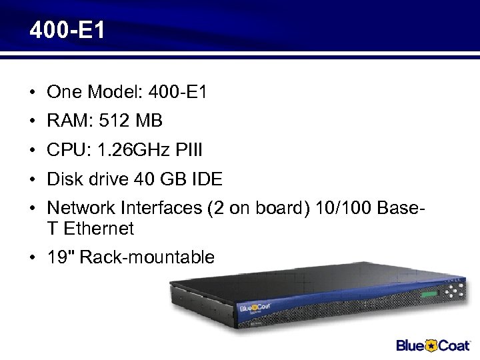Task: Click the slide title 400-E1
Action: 67,31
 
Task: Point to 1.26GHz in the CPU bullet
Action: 130,151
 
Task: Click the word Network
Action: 81,208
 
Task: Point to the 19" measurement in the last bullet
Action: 60,257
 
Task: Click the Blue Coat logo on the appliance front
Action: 254,309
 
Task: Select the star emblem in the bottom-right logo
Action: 433,345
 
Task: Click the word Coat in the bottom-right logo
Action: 455,345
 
